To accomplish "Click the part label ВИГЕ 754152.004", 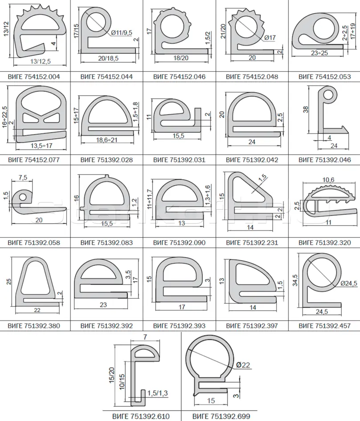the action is pyautogui.click(x=34, y=77).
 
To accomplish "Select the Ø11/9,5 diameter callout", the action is pyautogui.click(x=122, y=33).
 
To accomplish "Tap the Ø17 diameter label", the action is pyautogui.click(x=270, y=37).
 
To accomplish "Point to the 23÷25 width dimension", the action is pyautogui.click(x=319, y=53).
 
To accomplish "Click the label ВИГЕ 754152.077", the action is pyautogui.click(x=34, y=160).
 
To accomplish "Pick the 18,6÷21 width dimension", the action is pyautogui.click(x=107, y=140).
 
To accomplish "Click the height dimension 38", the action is pyautogui.click(x=306, y=109).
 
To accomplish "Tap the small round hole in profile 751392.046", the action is pyautogui.click(x=328, y=95).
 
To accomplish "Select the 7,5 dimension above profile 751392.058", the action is pyautogui.click(x=23, y=178).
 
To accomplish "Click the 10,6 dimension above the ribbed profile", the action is pyautogui.click(x=328, y=180).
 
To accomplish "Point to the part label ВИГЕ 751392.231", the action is pyautogui.click(x=252, y=243).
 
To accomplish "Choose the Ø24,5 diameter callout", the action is pyautogui.click(x=349, y=283).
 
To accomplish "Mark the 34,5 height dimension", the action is pyautogui.click(x=295, y=280).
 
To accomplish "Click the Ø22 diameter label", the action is pyautogui.click(x=243, y=365).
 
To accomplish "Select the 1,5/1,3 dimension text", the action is pyautogui.click(x=157, y=393).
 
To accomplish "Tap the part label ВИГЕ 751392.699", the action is pyautogui.click(x=221, y=417).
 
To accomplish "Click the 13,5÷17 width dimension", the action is pyautogui.click(x=41, y=146).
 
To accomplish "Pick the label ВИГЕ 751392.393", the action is pyautogui.click(x=179, y=326).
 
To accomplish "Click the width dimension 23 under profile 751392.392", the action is pyautogui.click(x=103, y=305).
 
